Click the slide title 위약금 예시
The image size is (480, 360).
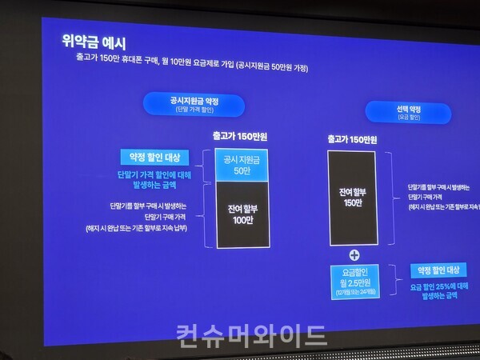tap(94, 41)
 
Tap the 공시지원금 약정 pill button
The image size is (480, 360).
tap(194, 105)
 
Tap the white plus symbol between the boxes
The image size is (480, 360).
tap(355, 254)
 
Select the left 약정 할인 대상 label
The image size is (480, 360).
tap(154, 156)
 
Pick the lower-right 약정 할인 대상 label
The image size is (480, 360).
tap(437, 270)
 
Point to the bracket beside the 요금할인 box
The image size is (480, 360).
tap(395, 282)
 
